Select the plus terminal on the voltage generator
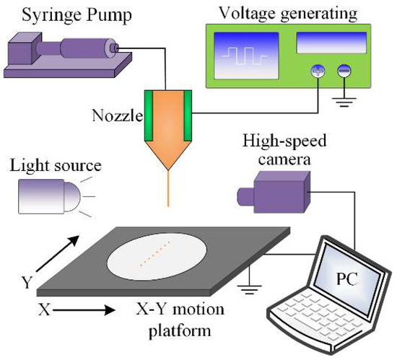(315, 71)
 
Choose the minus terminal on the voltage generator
(343, 71)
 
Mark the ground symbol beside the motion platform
(252, 290)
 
